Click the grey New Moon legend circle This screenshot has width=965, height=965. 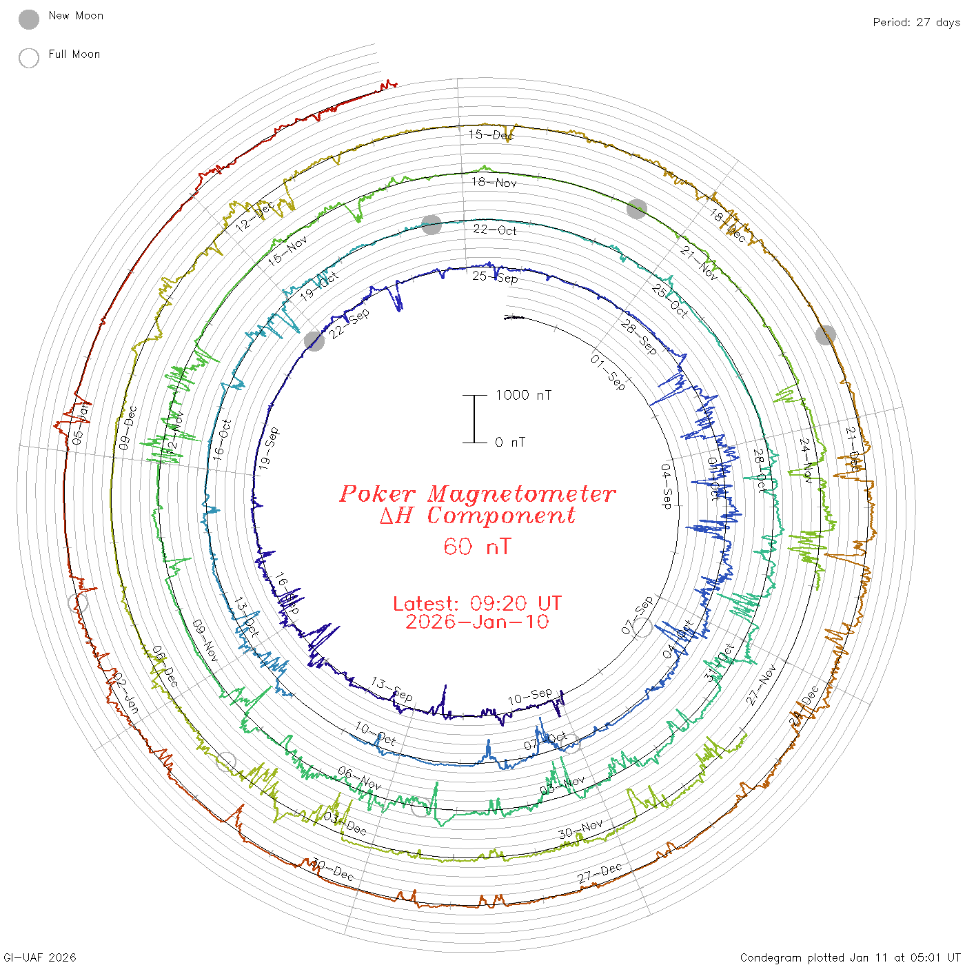29,19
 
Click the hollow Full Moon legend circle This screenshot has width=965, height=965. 29,58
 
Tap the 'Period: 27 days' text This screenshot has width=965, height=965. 916,22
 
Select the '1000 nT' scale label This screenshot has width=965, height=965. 523,395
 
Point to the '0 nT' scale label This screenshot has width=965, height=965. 510,443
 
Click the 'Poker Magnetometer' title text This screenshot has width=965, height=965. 477,494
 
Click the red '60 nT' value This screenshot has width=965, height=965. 477,547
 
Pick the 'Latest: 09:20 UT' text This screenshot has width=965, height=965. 477,604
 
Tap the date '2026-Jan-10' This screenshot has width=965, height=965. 477,622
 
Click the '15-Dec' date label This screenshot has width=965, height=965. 491,134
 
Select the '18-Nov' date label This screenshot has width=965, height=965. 494,182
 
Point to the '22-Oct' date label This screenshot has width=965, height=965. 495,230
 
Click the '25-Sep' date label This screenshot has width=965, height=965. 495,277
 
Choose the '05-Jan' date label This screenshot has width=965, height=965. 80,423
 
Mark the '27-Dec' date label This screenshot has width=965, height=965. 600,873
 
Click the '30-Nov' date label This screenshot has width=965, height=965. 580,829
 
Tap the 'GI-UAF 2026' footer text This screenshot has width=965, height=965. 39,957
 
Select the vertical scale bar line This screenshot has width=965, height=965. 474,419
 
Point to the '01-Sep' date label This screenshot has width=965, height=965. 608,372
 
